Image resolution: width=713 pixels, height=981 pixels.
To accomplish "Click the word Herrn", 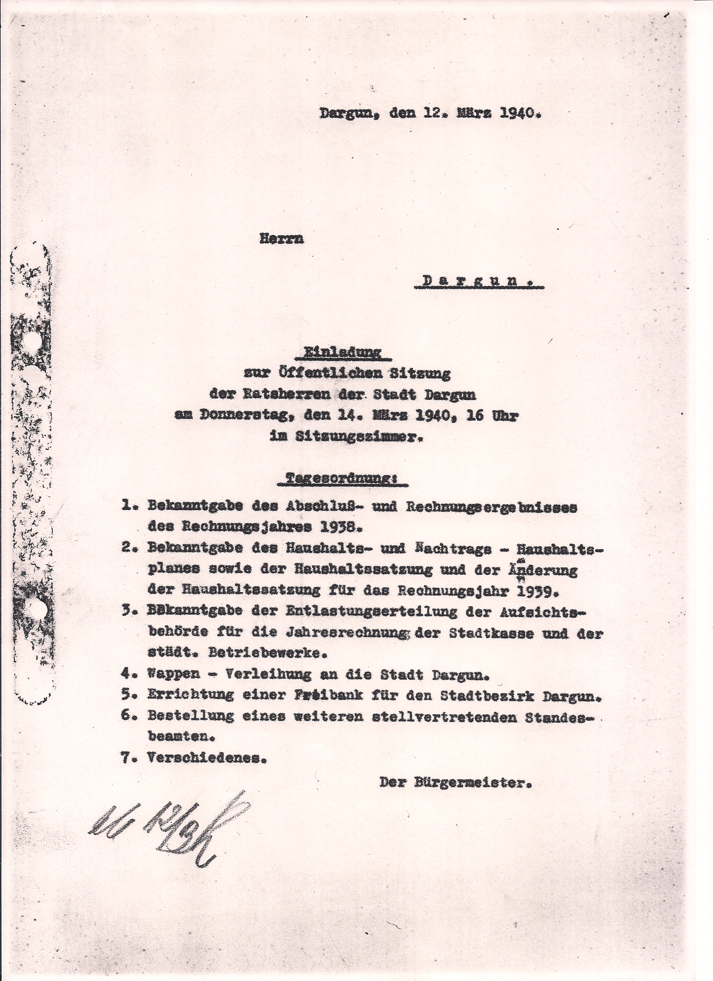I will click(281, 239).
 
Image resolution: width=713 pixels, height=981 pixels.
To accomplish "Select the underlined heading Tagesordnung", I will click(341, 479).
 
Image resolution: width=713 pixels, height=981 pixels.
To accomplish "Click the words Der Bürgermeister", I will click(455, 783).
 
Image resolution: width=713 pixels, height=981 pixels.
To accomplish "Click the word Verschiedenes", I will click(206, 758).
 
